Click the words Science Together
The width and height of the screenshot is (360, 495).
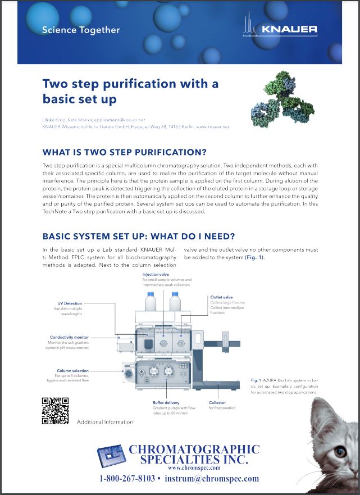(x=81, y=30)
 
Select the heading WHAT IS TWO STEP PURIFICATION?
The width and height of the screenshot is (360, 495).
(x=124, y=153)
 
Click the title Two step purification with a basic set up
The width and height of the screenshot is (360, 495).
(x=130, y=92)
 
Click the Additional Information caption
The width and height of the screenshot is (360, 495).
(x=105, y=422)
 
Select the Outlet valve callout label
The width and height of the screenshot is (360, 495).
(x=221, y=297)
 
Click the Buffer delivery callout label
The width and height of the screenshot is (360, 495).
(x=166, y=403)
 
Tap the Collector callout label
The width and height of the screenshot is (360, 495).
(x=217, y=403)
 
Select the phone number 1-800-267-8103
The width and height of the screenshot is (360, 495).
(x=127, y=479)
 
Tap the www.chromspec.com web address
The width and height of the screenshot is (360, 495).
(x=181, y=467)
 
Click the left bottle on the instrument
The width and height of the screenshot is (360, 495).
(x=151, y=304)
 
